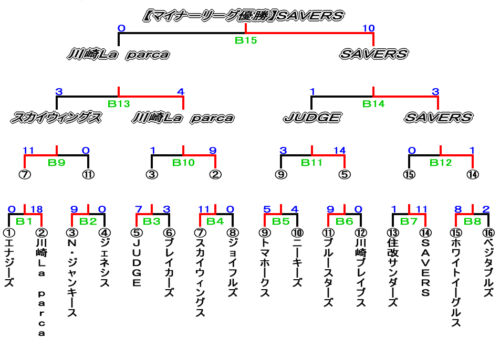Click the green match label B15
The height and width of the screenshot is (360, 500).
click(x=245, y=40)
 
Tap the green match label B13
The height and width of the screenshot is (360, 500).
click(x=119, y=104)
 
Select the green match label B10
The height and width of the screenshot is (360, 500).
click(x=183, y=163)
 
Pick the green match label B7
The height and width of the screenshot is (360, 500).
click(x=409, y=221)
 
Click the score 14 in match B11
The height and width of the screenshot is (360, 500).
click(x=339, y=151)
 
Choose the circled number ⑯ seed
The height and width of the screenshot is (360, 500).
click(x=488, y=231)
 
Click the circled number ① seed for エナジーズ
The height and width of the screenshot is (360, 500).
click(x=8, y=231)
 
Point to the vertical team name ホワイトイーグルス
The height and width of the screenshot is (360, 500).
click(x=455, y=283)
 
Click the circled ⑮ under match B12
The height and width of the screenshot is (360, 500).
click(x=409, y=174)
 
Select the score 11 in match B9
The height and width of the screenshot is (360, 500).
click(x=28, y=151)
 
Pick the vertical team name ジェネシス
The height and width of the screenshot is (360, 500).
click(x=105, y=262)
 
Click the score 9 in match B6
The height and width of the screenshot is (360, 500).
click(x=330, y=210)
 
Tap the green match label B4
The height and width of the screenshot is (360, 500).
click(x=215, y=221)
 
